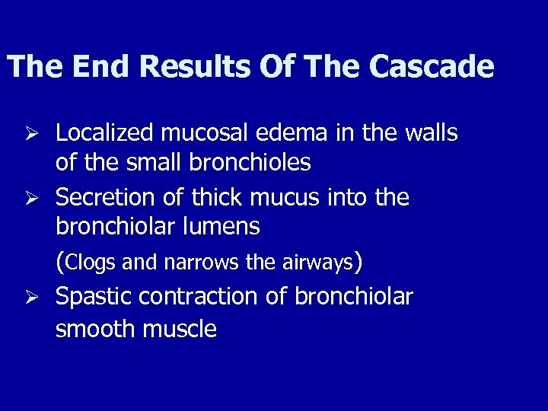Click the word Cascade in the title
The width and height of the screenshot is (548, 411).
(x=432, y=67)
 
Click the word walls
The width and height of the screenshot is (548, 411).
(x=431, y=134)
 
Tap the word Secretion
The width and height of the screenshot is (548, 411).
(x=104, y=198)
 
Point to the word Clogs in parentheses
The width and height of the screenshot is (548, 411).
(x=89, y=263)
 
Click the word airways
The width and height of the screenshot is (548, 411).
(x=317, y=263)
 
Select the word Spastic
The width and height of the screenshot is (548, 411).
(x=94, y=297)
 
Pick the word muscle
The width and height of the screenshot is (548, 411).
(x=182, y=329)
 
